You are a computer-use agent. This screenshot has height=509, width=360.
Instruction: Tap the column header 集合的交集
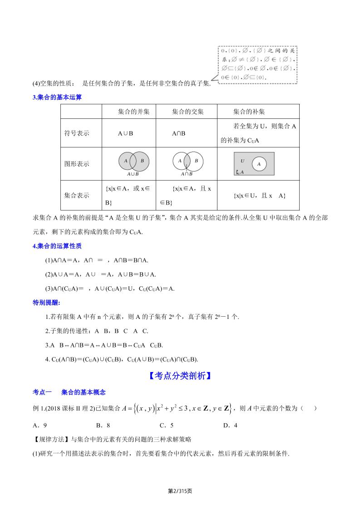click(x=188, y=112)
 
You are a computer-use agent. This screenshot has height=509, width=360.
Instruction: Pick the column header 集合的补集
click(x=249, y=112)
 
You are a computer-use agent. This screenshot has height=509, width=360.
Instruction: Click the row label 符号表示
click(x=77, y=133)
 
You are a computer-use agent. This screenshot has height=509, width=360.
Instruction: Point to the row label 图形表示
click(x=77, y=164)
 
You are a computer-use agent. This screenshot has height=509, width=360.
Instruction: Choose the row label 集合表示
click(x=77, y=196)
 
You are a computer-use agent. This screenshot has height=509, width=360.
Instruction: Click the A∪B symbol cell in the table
click(x=125, y=133)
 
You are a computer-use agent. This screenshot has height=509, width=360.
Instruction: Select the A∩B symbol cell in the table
click(x=178, y=133)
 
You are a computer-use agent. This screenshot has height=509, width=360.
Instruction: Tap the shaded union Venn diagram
click(x=133, y=161)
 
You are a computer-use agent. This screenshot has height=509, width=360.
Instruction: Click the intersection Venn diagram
click(x=187, y=161)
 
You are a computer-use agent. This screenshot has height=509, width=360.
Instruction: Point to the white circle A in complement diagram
click(x=259, y=164)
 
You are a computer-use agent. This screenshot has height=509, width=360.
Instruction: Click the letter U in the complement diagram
click(x=242, y=161)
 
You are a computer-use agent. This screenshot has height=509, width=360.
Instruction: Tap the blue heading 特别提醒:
click(x=47, y=303)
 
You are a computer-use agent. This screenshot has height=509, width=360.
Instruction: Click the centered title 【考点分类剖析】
click(x=180, y=376)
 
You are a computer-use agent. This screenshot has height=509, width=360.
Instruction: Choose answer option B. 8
click(x=103, y=425)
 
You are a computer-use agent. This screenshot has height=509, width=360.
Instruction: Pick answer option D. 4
click(x=230, y=425)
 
